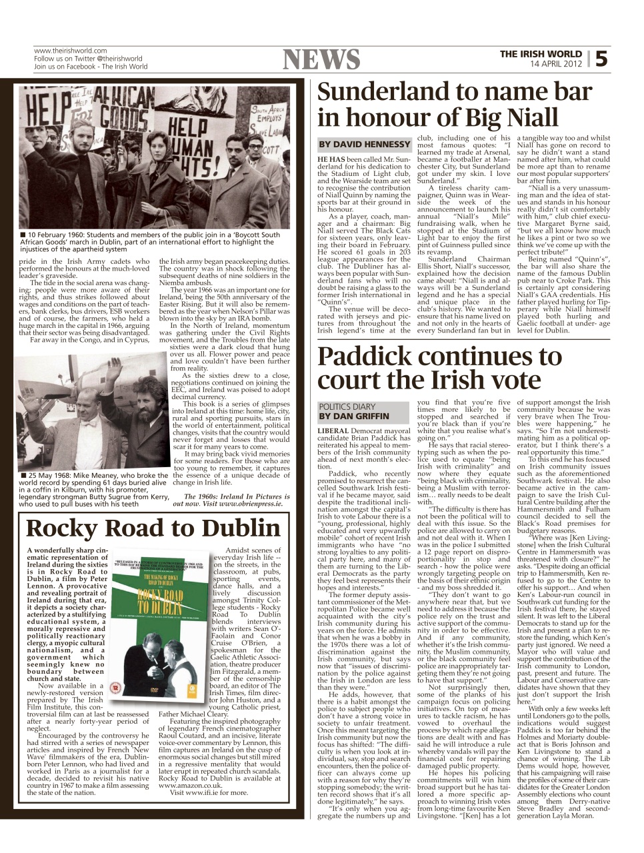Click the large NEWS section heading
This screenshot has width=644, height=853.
pos(322,60)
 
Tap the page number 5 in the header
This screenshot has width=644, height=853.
pos(601,59)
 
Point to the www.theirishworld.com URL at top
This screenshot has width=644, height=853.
pos(70,51)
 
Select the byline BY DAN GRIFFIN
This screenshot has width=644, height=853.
pos(354,416)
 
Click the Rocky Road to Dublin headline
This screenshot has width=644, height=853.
pos(153,528)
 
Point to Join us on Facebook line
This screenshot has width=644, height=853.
pos(91,67)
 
